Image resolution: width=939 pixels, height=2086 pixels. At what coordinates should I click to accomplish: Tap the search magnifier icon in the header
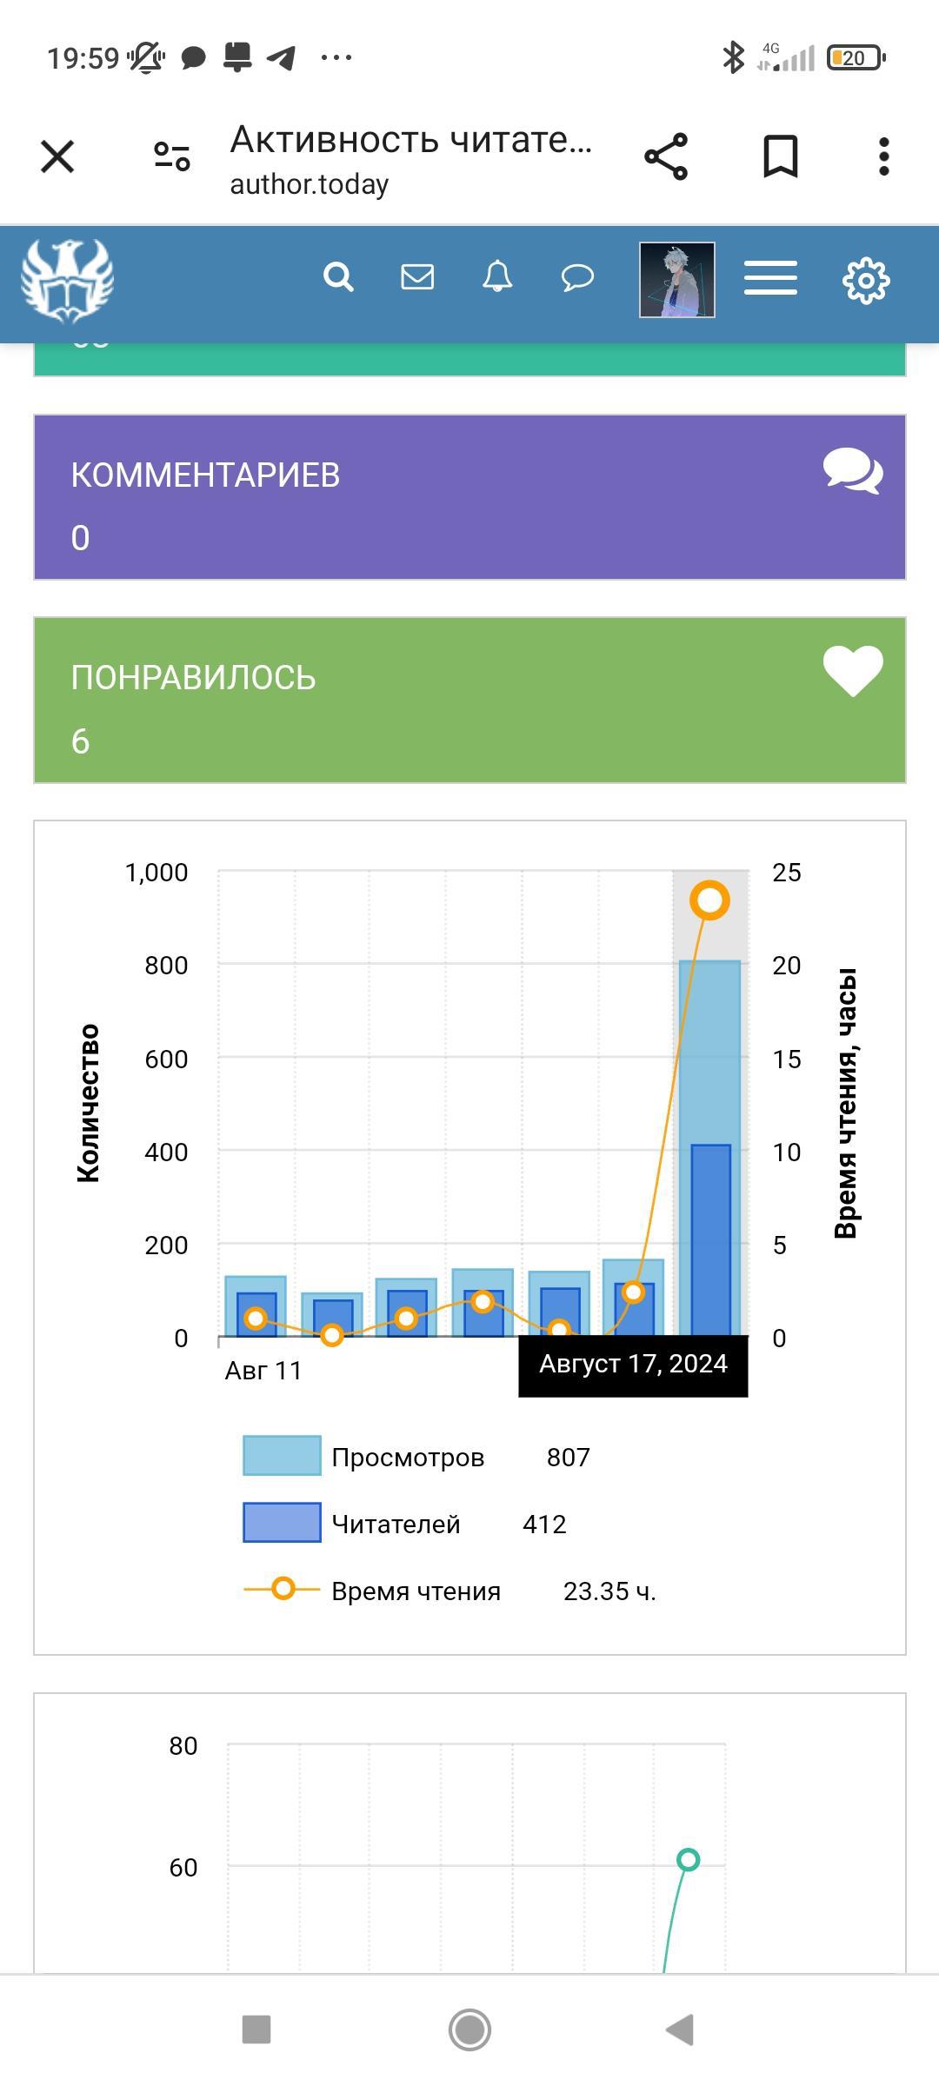pos(338,277)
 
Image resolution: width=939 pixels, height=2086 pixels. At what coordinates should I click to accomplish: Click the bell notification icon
pos(497,277)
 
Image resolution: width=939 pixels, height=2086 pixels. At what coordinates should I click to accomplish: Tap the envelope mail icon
pos(417,277)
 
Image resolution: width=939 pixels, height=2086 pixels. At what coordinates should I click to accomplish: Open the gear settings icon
pos(866,280)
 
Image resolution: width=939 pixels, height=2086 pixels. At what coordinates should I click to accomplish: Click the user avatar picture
pos(677,280)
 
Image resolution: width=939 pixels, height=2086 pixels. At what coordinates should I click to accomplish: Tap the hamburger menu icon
pos(770,279)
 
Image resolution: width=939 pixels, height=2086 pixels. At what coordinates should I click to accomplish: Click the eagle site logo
pos(67,280)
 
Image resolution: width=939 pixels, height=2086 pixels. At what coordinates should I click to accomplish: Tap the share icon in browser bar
pos(666,157)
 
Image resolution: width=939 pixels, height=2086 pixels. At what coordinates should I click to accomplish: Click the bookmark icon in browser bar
pos(780,157)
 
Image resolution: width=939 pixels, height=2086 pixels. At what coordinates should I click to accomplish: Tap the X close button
pos(57,157)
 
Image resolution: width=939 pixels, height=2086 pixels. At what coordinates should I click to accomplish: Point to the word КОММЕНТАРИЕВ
pos(205,475)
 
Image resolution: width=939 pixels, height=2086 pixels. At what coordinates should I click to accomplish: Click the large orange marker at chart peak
pos(709,900)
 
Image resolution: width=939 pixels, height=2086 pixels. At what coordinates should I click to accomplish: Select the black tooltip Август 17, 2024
pos(633,1365)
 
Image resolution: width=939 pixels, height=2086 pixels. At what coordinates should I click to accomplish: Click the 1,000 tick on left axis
pos(156,873)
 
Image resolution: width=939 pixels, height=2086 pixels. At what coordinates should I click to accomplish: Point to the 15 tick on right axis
pos(786,1060)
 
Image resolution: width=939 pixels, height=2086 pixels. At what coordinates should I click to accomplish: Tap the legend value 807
pos(569,1458)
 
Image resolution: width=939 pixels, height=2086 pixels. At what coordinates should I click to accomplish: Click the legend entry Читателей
pos(396,1525)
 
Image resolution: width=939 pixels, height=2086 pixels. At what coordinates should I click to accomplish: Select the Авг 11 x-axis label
pos(263,1371)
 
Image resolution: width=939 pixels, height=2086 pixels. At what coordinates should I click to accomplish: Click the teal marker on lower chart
pos(688,1860)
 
